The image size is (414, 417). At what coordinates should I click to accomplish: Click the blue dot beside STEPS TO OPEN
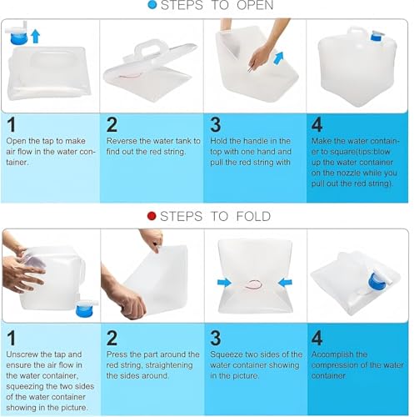coord(152,5)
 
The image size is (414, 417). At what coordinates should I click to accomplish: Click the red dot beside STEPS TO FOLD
coord(152,216)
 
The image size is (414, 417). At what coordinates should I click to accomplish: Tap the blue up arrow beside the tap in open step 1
coord(35,37)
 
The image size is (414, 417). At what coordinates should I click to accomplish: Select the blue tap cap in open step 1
coord(19,38)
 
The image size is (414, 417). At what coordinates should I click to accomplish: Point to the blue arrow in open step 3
coord(278,58)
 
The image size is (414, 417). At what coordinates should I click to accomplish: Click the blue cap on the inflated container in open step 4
coord(377,36)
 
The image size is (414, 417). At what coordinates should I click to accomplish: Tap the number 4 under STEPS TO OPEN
coord(317,124)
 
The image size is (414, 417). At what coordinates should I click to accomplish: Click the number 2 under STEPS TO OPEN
coord(112,124)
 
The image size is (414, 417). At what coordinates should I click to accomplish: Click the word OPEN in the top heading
coord(255,5)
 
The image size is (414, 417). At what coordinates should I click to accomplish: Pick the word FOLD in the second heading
coord(253,216)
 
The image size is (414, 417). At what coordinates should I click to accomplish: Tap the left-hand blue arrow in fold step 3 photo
coord(224,283)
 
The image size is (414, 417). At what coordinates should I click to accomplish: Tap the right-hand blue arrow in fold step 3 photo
coord(285,283)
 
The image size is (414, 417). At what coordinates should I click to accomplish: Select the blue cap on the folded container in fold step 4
coord(377,280)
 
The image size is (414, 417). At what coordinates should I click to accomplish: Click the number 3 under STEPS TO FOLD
coord(216,338)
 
